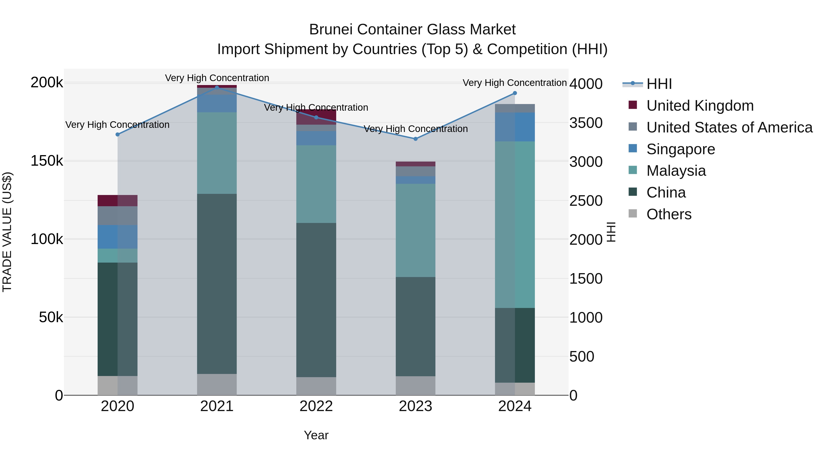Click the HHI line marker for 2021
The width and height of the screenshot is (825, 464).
(217, 88)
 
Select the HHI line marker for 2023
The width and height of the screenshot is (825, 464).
(415, 139)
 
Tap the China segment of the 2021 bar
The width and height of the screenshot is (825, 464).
(217, 283)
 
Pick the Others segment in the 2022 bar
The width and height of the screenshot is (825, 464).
(316, 386)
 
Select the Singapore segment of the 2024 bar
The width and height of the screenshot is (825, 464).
(515, 127)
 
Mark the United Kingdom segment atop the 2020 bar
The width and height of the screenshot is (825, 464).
(117, 200)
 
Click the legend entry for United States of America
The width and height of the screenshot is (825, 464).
(729, 127)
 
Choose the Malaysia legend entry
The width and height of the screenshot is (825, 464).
(676, 171)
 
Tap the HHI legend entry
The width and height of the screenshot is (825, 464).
(659, 84)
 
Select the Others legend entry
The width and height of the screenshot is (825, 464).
(669, 214)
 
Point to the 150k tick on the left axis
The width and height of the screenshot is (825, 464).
(47, 161)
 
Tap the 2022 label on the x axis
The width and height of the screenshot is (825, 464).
(316, 406)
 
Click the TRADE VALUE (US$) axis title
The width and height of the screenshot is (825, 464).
(7, 232)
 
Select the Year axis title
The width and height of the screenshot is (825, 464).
(316, 435)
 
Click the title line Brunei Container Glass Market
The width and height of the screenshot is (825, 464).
(412, 30)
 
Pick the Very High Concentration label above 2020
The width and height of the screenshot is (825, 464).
(117, 125)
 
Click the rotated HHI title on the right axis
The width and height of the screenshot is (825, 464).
(611, 232)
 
